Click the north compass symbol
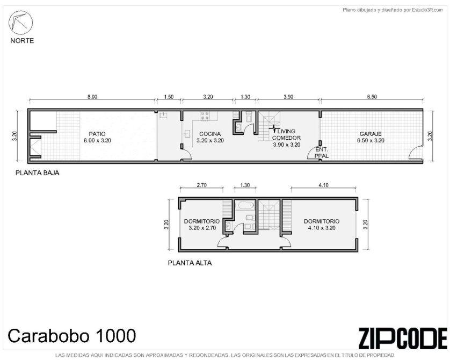[20, 23]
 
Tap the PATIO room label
[97, 134]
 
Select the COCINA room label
[210, 134]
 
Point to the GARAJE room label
[371, 134]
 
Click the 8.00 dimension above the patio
[92, 97]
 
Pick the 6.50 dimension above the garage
[372, 97]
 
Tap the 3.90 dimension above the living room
[288, 97]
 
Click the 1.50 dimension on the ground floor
[169, 97]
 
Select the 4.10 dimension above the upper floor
[323, 185]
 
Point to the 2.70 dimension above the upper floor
[201, 185]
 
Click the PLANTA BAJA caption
[37, 173]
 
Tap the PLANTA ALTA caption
[190, 263]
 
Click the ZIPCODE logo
[403, 337]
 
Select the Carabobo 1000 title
[72, 336]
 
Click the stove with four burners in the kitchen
[205, 116]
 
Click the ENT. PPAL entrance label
[322, 153]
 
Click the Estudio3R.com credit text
[393, 10]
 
